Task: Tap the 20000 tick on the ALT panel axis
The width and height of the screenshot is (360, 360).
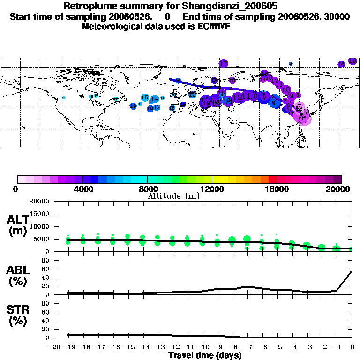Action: point(39,202)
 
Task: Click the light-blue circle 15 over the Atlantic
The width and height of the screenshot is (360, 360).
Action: point(145,97)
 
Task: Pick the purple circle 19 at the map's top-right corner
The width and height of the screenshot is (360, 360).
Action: point(352,61)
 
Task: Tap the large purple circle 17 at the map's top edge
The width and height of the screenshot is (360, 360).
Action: point(223,63)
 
